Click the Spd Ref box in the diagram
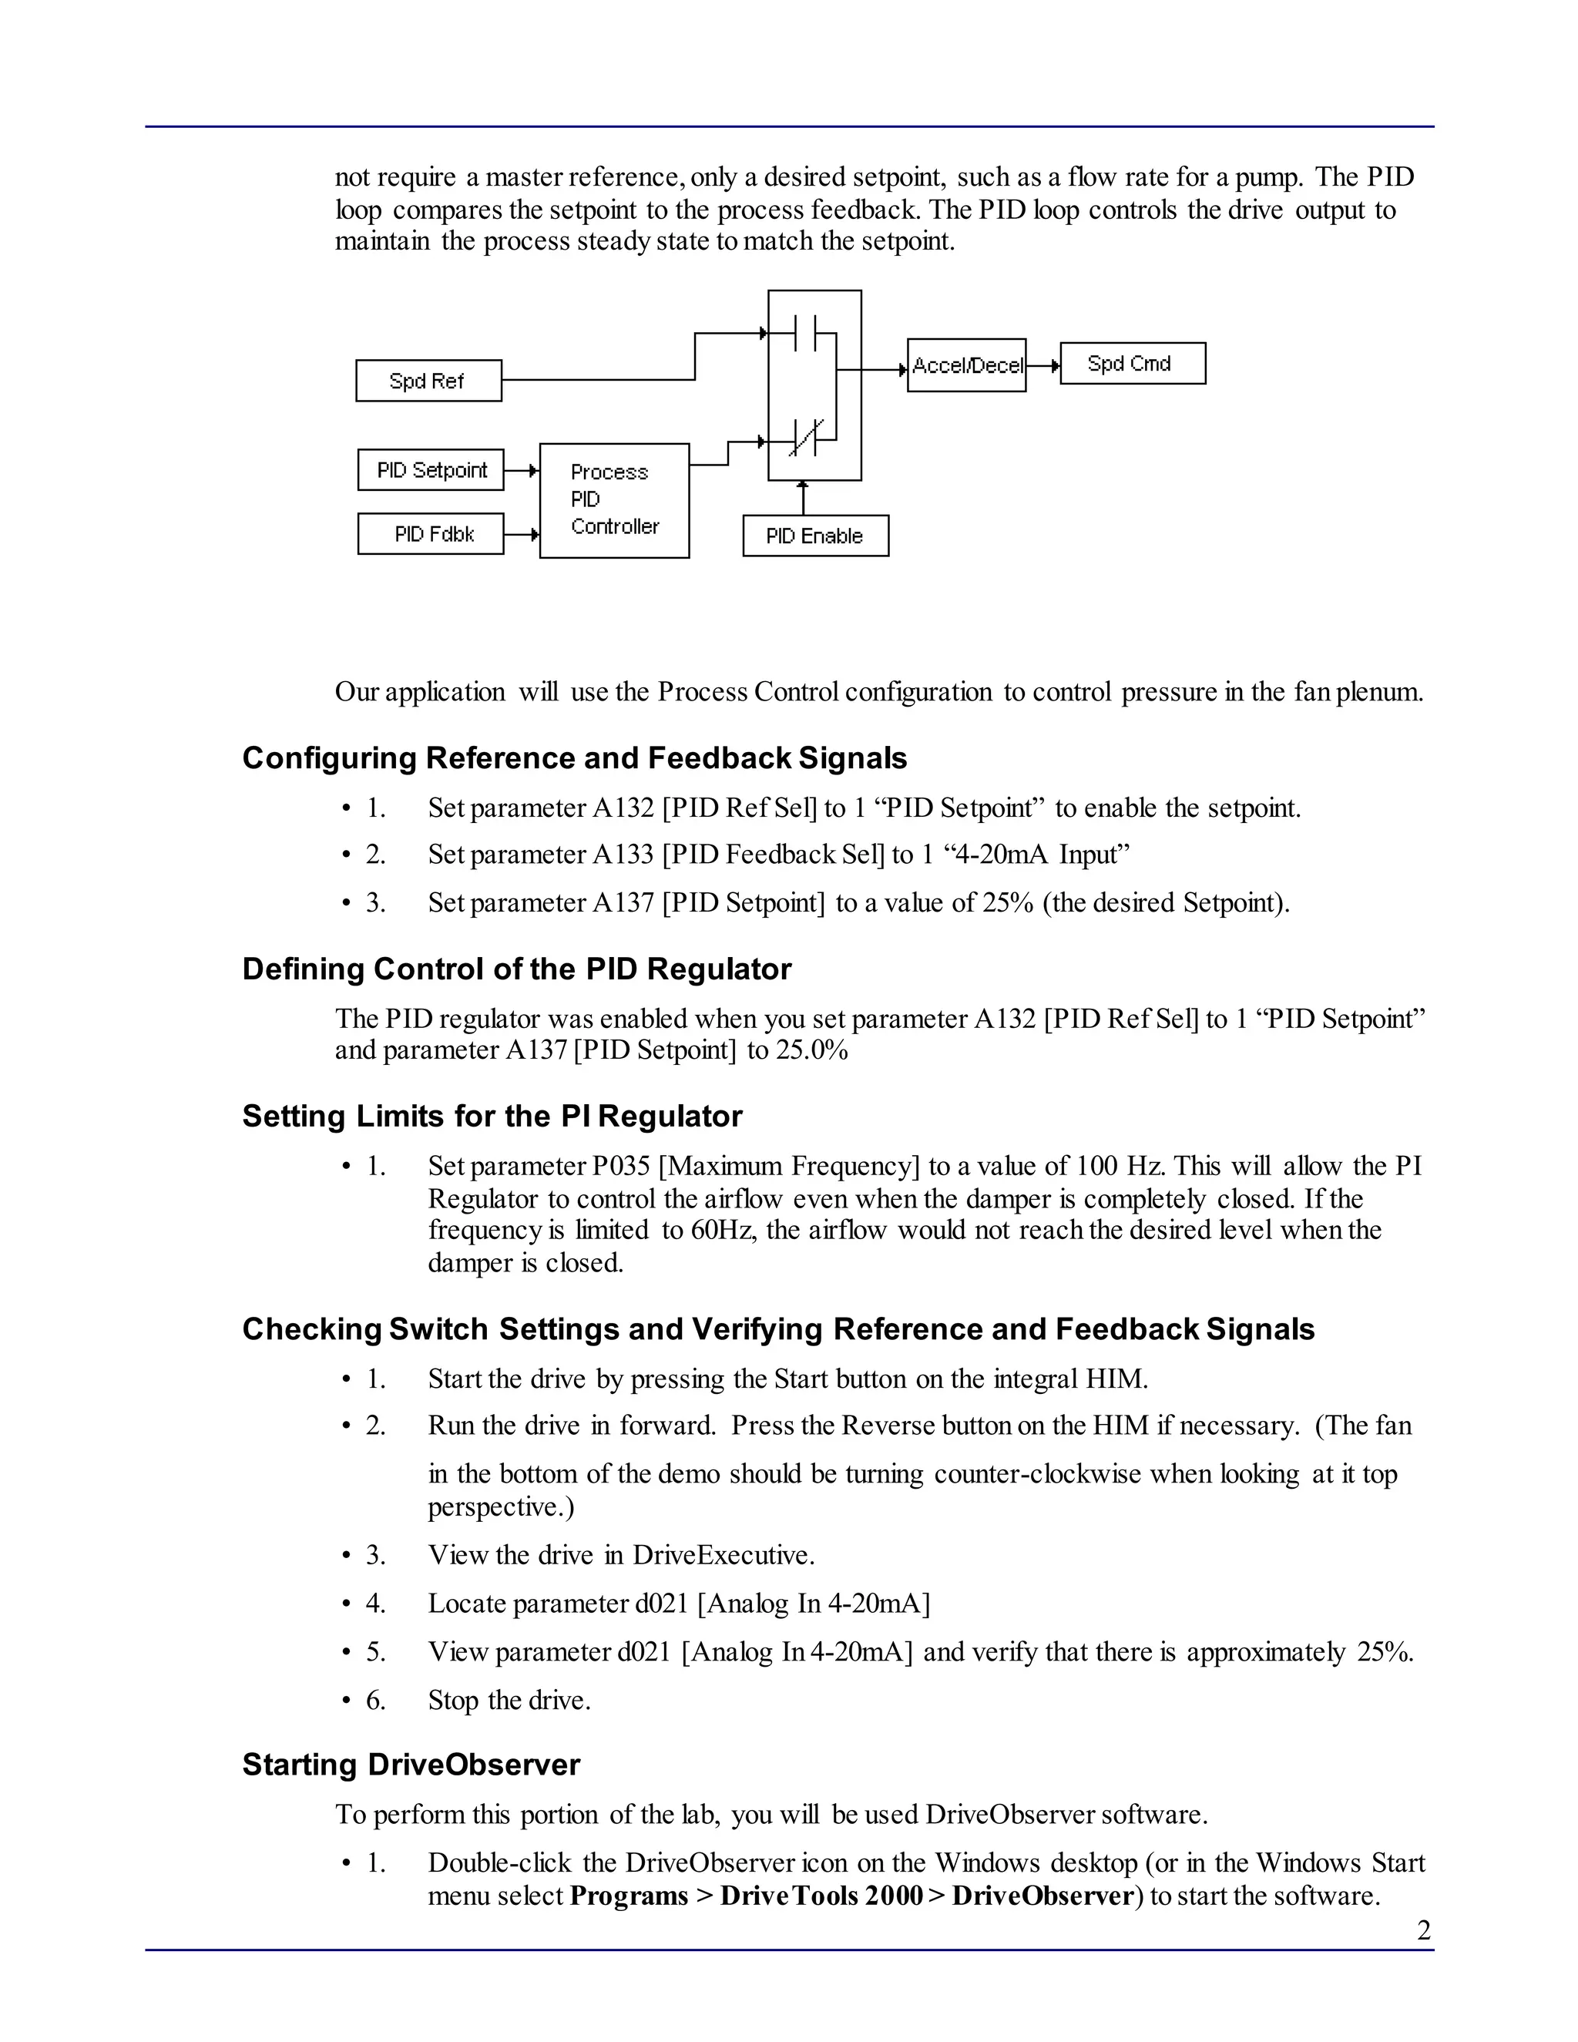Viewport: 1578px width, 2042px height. (428, 381)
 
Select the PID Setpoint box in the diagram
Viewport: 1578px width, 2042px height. (431, 469)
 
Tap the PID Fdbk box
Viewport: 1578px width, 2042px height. (431, 534)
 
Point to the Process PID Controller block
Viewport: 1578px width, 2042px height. (614, 500)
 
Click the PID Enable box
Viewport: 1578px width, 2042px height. (815, 536)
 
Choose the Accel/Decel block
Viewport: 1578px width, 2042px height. (967, 365)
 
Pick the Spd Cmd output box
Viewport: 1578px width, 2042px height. (1132, 364)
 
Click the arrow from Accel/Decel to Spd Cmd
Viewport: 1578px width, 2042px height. (1043, 365)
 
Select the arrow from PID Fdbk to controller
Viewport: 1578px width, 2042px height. (522, 535)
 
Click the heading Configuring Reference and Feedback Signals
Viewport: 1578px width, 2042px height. (574, 757)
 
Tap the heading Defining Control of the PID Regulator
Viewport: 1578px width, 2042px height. (516, 969)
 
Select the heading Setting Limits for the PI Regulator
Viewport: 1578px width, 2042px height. (492, 1116)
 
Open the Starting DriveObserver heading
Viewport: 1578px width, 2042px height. (411, 1765)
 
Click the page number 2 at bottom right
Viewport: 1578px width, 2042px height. (1424, 1931)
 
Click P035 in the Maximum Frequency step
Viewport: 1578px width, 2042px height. (621, 1166)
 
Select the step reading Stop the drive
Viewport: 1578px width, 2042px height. (509, 1700)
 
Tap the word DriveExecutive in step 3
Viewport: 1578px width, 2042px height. (723, 1555)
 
